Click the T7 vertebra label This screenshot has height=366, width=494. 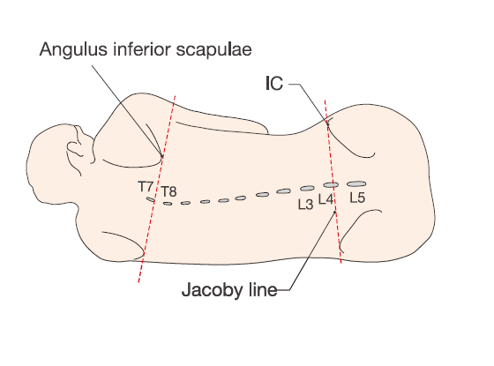coord(146,187)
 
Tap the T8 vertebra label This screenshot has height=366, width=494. coord(168,191)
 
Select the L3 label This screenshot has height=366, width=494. coord(305,205)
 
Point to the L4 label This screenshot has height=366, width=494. coord(326,199)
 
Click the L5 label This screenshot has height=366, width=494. coord(357,198)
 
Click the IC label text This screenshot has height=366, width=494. coord(274,84)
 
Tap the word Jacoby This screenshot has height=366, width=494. coord(213,290)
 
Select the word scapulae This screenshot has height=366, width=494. coord(213,49)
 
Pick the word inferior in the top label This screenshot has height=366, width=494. coord(142,49)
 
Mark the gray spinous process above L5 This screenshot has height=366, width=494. coord(356,183)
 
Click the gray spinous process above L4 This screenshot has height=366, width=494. coord(331,184)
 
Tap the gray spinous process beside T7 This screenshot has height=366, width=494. coord(150,199)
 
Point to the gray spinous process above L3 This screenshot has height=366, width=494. coord(307,188)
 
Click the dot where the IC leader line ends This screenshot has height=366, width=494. coord(327,124)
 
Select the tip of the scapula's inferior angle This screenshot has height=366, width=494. coord(162,157)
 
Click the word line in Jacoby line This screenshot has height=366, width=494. coord(263,290)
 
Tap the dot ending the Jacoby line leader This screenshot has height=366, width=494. coord(335,212)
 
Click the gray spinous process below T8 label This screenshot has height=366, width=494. coord(168,204)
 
